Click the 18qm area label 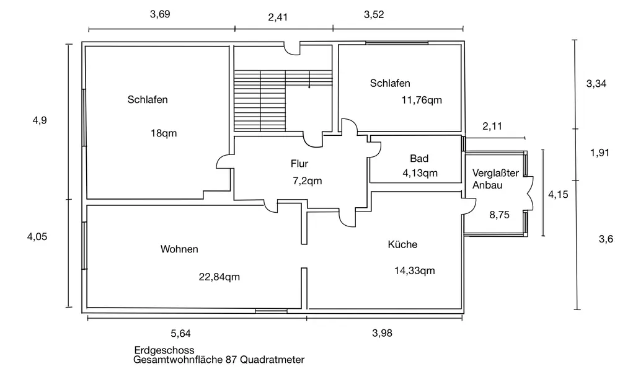[x=167, y=133]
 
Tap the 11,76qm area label [x=422, y=99]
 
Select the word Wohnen [x=179, y=249]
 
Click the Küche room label [x=402, y=245]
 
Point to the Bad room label [x=419, y=159]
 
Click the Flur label [x=299, y=164]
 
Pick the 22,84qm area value [x=219, y=277]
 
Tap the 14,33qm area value [x=415, y=270]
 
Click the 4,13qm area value [x=420, y=173]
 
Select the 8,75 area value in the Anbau [x=500, y=215]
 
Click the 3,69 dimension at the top [x=160, y=16]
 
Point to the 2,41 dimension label [x=278, y=17]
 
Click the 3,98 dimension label [x=382, y=333]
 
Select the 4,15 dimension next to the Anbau [x=558, y=194]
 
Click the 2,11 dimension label [x=492, y=126]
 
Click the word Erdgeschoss [x=164, y=350]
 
